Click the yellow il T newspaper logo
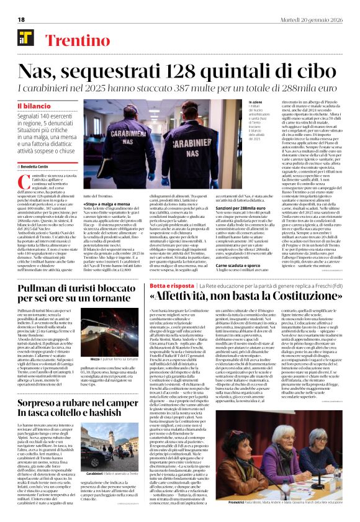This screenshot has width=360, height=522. coord(25,39)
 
